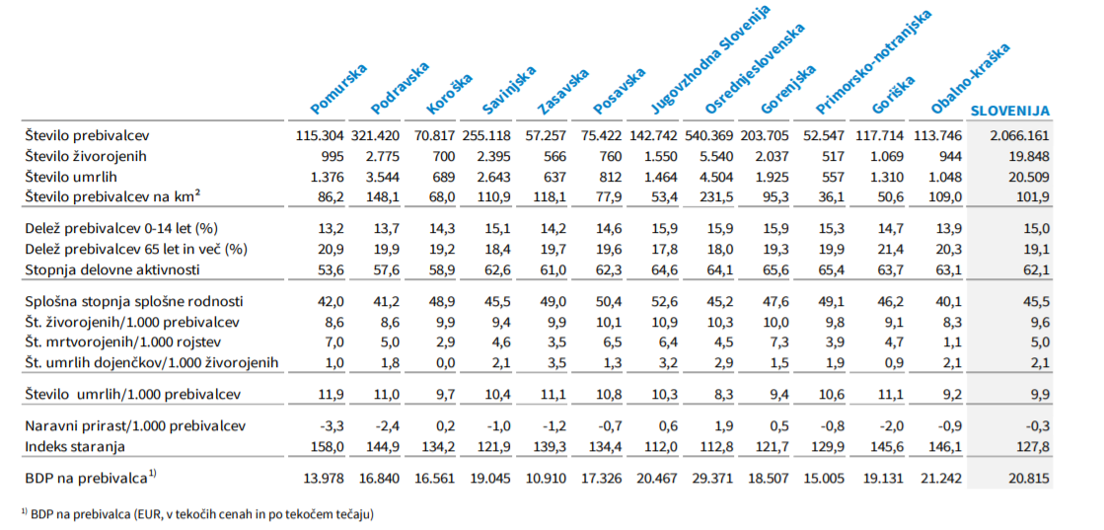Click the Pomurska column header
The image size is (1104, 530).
click(338, 88)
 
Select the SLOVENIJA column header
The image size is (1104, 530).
click(1010, 111)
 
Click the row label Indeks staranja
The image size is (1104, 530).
click(74, 447)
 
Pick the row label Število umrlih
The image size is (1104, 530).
click(74, 178)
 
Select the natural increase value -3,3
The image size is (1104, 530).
click(331, 425)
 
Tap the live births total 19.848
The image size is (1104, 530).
click(1027, 156)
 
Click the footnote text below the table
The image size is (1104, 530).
click(196, 513)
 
